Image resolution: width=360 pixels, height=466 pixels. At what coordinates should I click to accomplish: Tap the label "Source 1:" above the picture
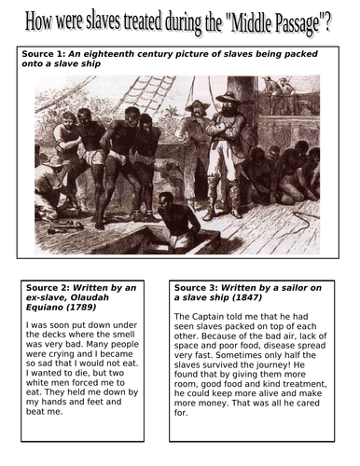tap(41, 55)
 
